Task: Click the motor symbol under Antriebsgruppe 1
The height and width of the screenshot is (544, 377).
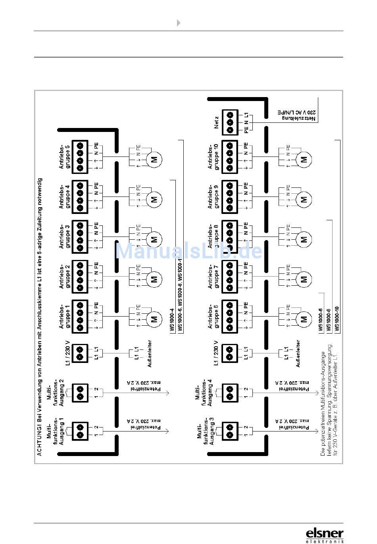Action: click(x=154, y=319)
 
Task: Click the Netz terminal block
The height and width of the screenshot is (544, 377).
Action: click(x=229, y=122)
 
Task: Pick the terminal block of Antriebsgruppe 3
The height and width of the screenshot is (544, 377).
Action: click(x=80, y=236)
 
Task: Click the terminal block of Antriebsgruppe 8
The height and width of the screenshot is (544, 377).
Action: click(x=229, y=236)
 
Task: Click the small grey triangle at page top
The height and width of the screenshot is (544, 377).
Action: click(x=179, y=23)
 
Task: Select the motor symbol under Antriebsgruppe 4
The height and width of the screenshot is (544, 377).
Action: click(x=154, y=200)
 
